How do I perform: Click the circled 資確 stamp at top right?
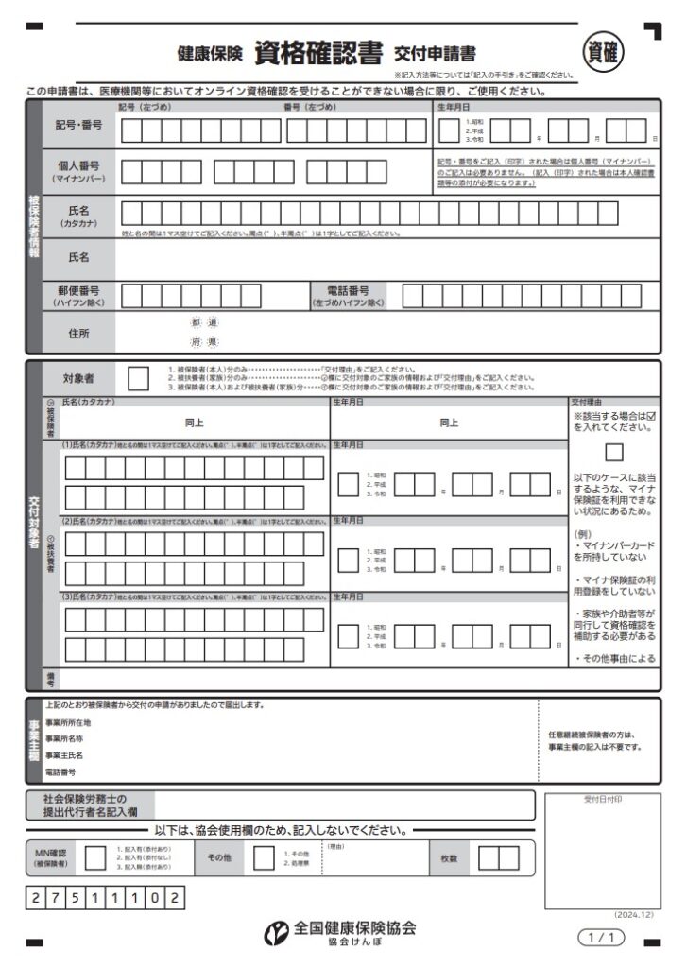click(603, 52)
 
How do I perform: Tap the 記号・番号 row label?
click(79, 126)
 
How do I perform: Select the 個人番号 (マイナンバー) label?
click(79, 171)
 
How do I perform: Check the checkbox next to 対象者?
click(138, 378)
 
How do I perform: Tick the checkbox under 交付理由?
click(614, 452)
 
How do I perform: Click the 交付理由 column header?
click(587, 402)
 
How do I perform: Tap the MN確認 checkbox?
click(94, 857)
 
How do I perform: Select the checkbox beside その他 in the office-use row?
click(264, 857)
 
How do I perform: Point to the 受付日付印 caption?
click(602, 800)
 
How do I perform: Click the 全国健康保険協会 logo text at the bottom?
click(354, 927)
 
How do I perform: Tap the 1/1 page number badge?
click(601, 938)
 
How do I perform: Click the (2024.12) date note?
click(633, 915)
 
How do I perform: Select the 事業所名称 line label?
click(64, 738)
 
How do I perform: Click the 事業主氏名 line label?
click(64, 755)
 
